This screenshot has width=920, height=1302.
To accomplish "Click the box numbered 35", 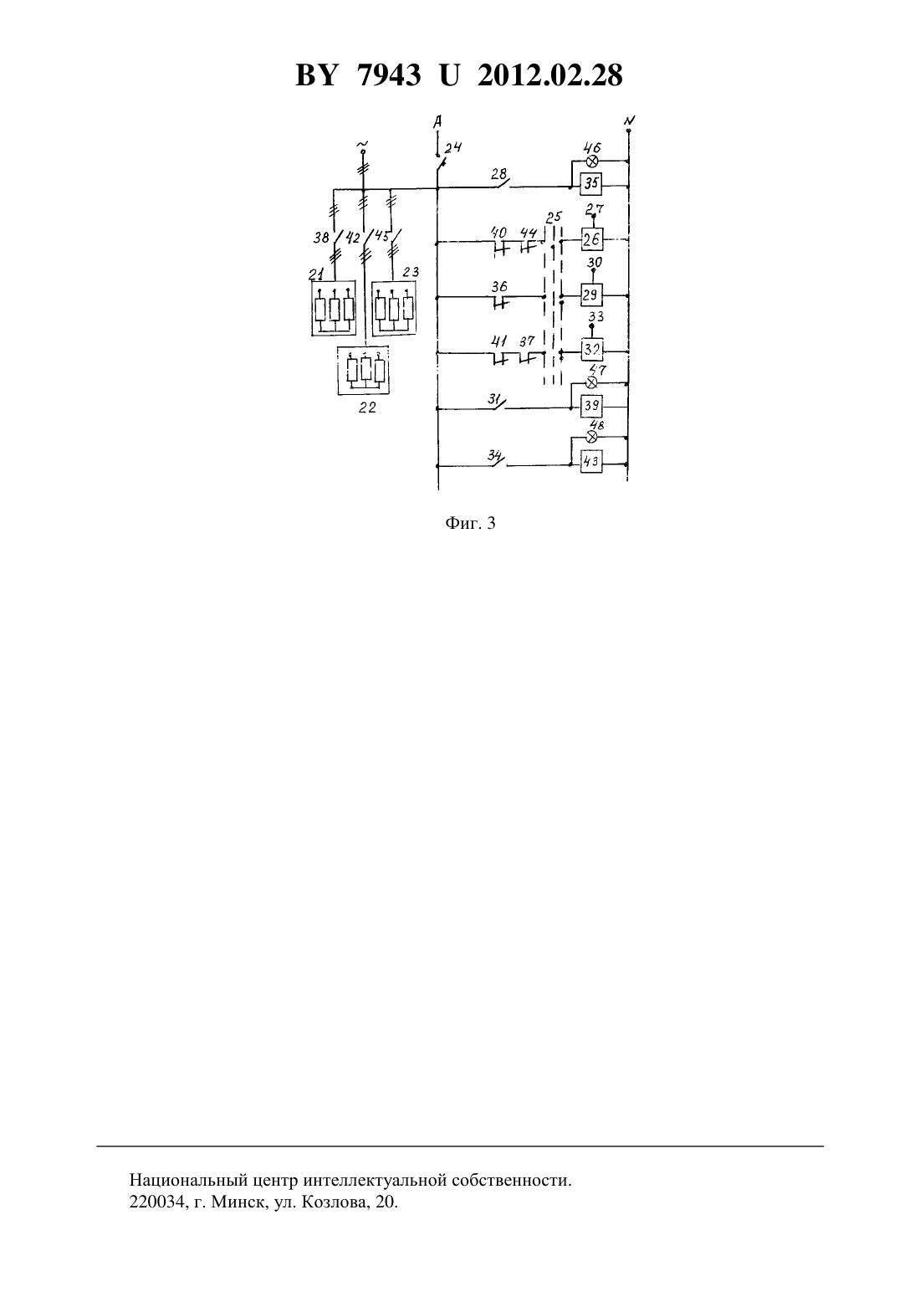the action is [x=591, y=184].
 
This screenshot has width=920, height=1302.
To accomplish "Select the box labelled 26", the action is [x=592, y=238].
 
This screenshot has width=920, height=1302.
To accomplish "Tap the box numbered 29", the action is [x=591, y=295].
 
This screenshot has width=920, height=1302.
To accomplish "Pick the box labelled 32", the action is [x=592, y=350].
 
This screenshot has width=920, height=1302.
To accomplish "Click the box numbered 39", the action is [x=591, y=405].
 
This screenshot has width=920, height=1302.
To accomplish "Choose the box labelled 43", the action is [x=591, y=462].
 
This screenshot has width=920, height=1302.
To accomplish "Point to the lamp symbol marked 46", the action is [x=592, y=161].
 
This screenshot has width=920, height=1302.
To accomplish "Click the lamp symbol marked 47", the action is [x=592, y=382].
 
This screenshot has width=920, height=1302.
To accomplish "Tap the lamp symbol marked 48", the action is [x=592, y=437].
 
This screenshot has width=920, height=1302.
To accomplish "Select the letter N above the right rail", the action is [x=629, y=120].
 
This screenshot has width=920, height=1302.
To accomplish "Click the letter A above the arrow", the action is [x=437, y=121].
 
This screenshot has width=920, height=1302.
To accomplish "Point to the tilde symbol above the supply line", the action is [x=363, y=143].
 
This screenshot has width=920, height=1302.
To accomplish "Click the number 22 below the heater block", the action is [x=367, y=408].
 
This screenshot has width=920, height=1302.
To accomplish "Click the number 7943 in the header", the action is [x=389, y=75].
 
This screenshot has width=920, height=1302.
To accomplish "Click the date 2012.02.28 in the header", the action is [x=550, y=75].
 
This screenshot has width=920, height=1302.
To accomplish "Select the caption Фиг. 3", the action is [x=470, y=523].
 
